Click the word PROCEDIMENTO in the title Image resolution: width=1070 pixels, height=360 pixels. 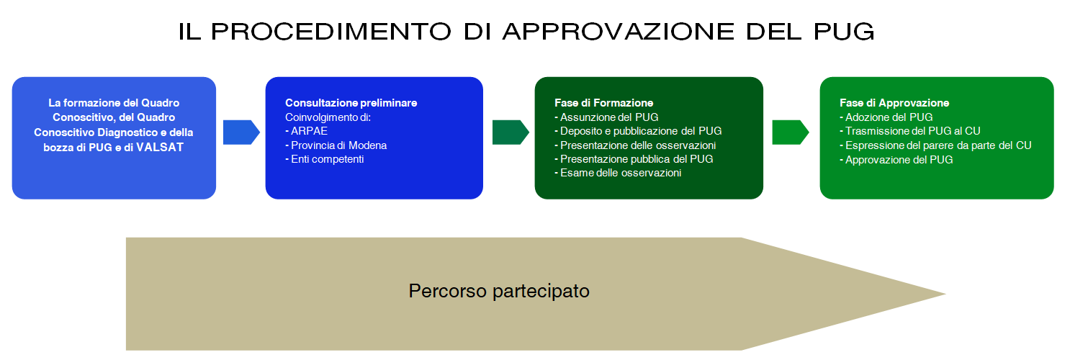tap(331, 32)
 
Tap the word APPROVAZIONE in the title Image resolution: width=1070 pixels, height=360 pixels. tap(618, 32)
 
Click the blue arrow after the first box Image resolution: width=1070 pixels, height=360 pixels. tap(241, 132)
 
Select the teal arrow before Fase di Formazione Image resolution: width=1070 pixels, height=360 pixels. tap(511, 132)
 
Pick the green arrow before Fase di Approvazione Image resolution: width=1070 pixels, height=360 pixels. tap(791, 132)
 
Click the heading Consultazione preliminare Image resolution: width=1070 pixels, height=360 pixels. tap(351, 103)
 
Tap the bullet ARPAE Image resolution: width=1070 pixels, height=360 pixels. tap(306, 131)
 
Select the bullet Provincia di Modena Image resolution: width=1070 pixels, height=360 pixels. tap(336, 145)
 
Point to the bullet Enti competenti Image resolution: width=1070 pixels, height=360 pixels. tap(324, 159)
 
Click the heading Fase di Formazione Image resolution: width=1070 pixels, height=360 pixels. tap(604, 103)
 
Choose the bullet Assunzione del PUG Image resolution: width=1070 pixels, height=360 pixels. tap(607, 117)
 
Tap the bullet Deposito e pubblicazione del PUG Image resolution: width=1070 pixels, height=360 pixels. tap(638, 131)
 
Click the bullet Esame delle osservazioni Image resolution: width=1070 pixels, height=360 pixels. tap(618, 173)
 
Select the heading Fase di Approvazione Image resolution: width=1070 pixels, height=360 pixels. tap(894, 103)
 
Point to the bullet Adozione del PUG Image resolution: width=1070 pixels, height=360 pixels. tap(886, 117)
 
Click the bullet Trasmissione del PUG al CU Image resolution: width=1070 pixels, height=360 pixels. tap(910, 131)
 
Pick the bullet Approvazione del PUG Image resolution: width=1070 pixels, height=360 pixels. tap(896, 160)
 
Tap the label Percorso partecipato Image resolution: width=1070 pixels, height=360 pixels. tap(499, 291)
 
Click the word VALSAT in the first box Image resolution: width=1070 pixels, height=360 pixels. tap(160, 148)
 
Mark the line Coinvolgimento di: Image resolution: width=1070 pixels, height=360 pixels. tap(328, 117)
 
